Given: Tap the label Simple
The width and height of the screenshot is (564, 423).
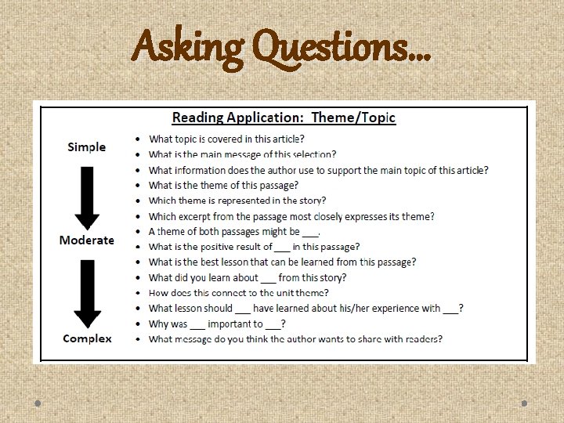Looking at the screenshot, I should (86, 147).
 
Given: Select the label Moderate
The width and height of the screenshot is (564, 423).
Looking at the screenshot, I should (86, 240).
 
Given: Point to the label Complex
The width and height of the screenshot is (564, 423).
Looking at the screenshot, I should (87, 338).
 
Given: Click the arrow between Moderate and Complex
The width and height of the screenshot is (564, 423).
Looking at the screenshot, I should (87, 291).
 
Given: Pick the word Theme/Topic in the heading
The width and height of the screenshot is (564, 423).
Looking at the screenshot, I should (353, 117).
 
